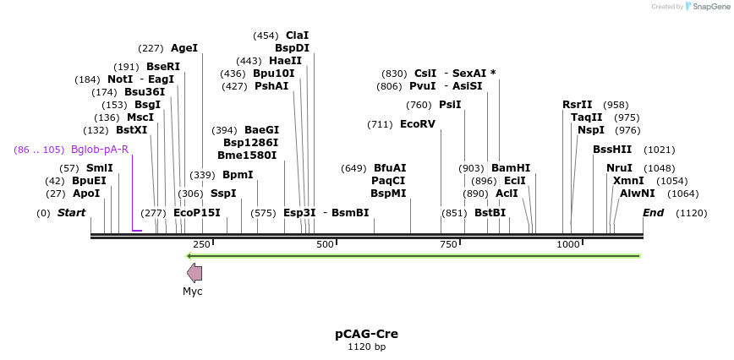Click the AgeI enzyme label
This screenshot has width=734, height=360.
[184, 48]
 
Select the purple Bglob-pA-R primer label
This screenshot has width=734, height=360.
[100, 150]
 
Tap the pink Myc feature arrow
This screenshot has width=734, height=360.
[194, 272]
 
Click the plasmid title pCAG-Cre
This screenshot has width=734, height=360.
[366, 334]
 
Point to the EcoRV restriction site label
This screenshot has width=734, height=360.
[417, 124]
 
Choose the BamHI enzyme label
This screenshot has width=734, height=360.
[511, 168]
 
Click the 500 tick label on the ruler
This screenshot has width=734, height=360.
[326, 244]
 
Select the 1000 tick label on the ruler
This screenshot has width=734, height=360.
[568, 244]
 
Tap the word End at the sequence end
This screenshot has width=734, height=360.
[654, 213]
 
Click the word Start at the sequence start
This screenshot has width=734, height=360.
[71, 213]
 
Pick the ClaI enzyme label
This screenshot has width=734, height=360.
[297, 35]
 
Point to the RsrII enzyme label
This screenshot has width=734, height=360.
[578, 105]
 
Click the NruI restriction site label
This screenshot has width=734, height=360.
[619, 168]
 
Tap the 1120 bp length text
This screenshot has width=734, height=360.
[366, 347]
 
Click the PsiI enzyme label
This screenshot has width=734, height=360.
[450, 105]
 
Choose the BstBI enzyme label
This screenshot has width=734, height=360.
[490, 213]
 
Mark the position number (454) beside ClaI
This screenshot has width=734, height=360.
[266, 35]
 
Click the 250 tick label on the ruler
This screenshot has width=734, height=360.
[201, 244]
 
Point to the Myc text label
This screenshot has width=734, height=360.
[193, 292]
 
